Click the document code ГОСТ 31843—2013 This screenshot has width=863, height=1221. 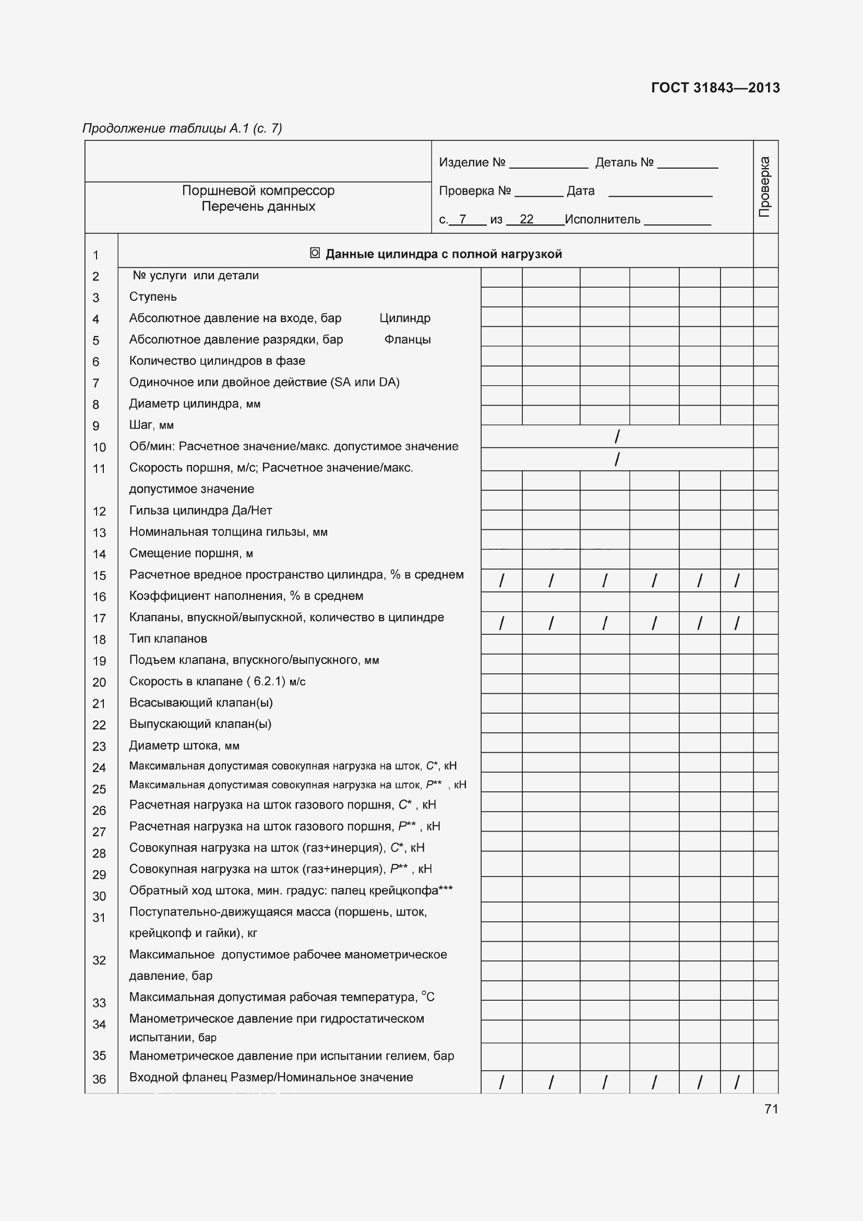point(715,88)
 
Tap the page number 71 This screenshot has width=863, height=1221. point(771,1109)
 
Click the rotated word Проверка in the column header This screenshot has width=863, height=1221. point(765,187)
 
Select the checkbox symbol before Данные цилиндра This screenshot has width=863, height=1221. point(315,253)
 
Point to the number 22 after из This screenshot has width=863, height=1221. point(526,219)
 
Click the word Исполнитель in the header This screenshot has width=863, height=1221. point(602,219)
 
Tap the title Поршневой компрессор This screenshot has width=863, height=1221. point(258,191)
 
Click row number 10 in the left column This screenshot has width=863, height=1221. point(99,447)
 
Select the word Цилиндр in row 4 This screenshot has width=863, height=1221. point(405,318)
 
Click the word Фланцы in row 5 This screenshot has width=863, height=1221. point(407,339)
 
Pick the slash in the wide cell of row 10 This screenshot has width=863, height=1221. point(616,436)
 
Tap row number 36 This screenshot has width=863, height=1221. point(99,1079)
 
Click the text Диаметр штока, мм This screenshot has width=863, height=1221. point(184,745)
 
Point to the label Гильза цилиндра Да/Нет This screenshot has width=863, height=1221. point(200,511)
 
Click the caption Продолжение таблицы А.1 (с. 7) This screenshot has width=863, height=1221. point(182,128)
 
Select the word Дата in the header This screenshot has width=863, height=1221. point(580,191)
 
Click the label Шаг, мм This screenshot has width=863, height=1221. point(151,425)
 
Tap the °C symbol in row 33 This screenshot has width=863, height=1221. point(428,997)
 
